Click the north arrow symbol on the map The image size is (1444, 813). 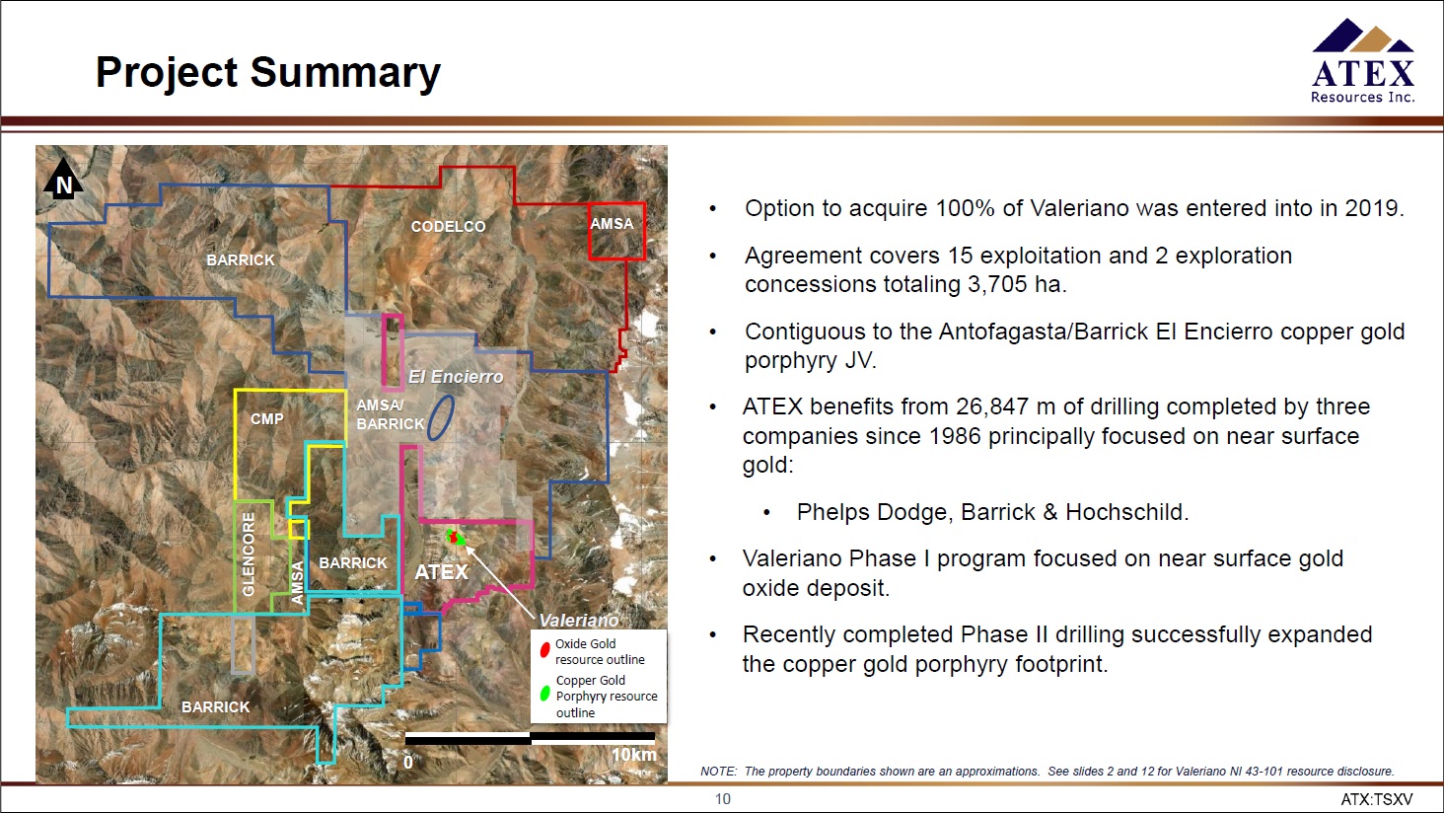[x=63, y=179]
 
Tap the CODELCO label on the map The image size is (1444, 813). [x=448, y=227]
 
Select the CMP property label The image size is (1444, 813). [x=267, y=419]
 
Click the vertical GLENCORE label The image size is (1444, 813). [x=249, y=554]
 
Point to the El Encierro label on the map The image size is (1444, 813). [x=456, y=377]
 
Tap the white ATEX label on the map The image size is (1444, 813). [x=442, y=572]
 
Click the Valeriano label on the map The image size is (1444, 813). [x=579, y=621]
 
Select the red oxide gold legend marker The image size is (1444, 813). [x=544, y=649]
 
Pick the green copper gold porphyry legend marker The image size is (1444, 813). [x=544, y=694]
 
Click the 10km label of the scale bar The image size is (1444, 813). [x=633, y=755]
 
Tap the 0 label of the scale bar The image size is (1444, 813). [x=408, y=763]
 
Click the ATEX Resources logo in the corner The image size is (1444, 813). [x=1363, y=60]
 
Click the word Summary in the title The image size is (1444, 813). [x=345, y=72]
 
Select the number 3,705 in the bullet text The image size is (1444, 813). [x=998, y=284]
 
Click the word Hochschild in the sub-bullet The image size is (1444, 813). [x=1126, y=512]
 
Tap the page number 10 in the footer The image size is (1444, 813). [x=723, y=799]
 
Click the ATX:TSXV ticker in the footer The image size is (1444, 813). [x=1377, y=799]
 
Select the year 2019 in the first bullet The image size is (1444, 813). [x=1374, y=208]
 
